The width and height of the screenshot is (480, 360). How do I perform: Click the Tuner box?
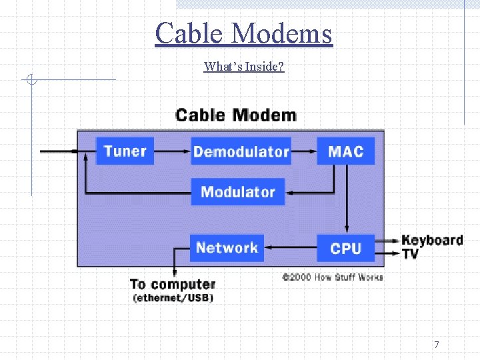pyautogui.click(x=125, y=151)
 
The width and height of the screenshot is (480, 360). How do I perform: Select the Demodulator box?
pyautogui.click(x=241, y=151)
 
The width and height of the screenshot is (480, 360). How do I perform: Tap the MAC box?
pyautogui.click(x=345, y=151)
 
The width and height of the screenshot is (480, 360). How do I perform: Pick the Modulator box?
pyautogui.click(x=237, y=192)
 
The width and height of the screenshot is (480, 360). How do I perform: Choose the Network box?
pyautogui.click(x=227, y=248)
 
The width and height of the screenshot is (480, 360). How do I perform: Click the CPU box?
pyautogui.click(x=345, y=249)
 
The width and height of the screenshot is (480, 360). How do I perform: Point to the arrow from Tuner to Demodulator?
pyautogui.click(x=172, y=151)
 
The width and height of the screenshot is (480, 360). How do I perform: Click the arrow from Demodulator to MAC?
pyautogui.click(x=304, y=151)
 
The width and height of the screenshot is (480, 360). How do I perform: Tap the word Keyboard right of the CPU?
pyautogui.click(x=432, y=240)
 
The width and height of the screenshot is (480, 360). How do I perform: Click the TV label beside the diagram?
pyautogui.click(x=410, y=254)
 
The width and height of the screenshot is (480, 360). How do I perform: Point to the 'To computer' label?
pyautogui.click(x=173, y=285)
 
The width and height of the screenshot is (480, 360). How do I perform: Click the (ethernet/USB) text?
pyautogui.click(x=173, y=298)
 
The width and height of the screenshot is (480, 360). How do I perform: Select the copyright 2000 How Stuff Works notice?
pyautogui.click(x=332, y=277)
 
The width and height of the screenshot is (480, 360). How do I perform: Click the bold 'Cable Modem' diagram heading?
pyautogui.click(x=235, y=115)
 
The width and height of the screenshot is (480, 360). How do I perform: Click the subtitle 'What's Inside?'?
pyautogui.click(x=244, y=66)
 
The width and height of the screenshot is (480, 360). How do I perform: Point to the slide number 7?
pyautogui.click(x=437, y=345)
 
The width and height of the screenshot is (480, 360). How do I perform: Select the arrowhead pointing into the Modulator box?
pyautogui.click(x=291, y=193)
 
